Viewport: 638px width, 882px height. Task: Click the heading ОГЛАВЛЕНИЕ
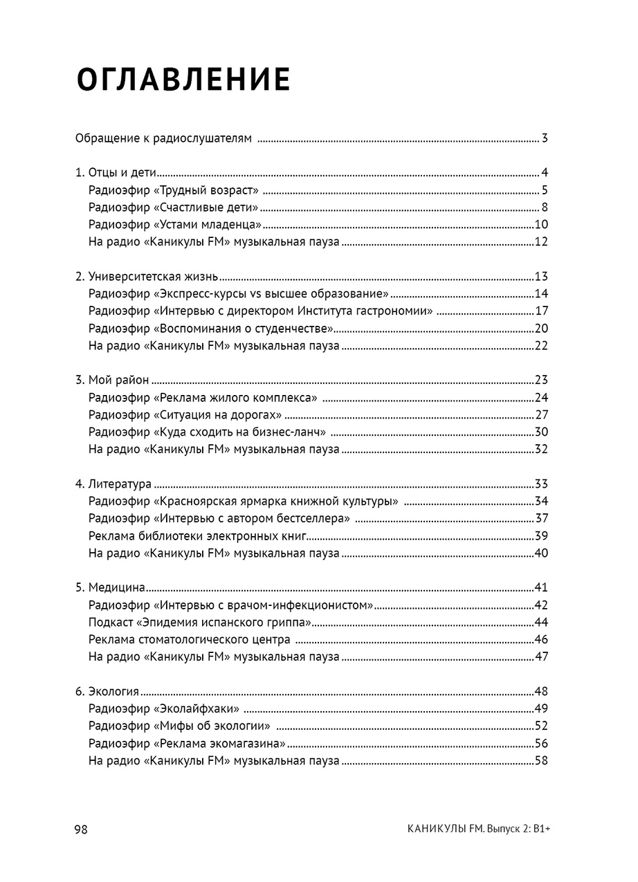pos(183,80)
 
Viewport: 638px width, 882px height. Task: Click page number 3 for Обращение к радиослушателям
pos(545,138)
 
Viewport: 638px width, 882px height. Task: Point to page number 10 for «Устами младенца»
pos(541,224)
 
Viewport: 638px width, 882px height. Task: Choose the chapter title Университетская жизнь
pos(153,277)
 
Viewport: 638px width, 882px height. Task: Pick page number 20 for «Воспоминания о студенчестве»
pos(541,328)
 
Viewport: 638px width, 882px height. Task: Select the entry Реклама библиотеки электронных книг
pos(198,536)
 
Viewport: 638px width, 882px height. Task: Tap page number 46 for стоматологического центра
pos(541,639)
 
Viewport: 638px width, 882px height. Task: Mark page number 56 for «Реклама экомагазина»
pos(541,743)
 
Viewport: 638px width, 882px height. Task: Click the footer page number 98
pos(82,829)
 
